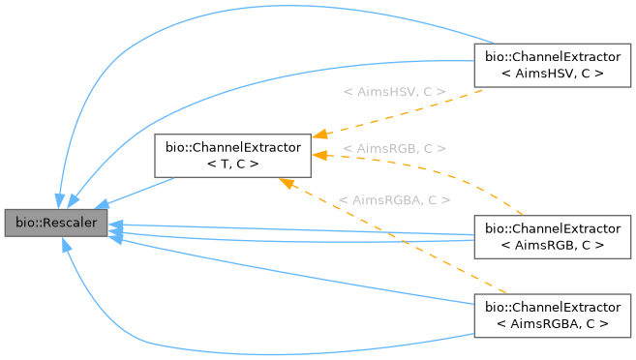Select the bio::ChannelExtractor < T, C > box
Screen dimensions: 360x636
coord(232,156)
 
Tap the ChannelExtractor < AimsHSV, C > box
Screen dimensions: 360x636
coord(552,65)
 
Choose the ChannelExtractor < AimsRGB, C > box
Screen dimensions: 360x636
coord(552,237)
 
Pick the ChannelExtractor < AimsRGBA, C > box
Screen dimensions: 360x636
coord(552,315)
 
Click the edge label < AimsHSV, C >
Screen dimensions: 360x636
coord(394,91)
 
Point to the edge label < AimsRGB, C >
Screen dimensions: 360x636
coord(401,149)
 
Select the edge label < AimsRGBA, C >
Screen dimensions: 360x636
coord(394,200)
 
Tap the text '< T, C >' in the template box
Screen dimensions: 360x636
coord(232,165)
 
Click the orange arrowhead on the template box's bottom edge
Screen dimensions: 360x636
coord(284,182)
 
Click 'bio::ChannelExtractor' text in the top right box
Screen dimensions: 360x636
coord(552,56)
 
